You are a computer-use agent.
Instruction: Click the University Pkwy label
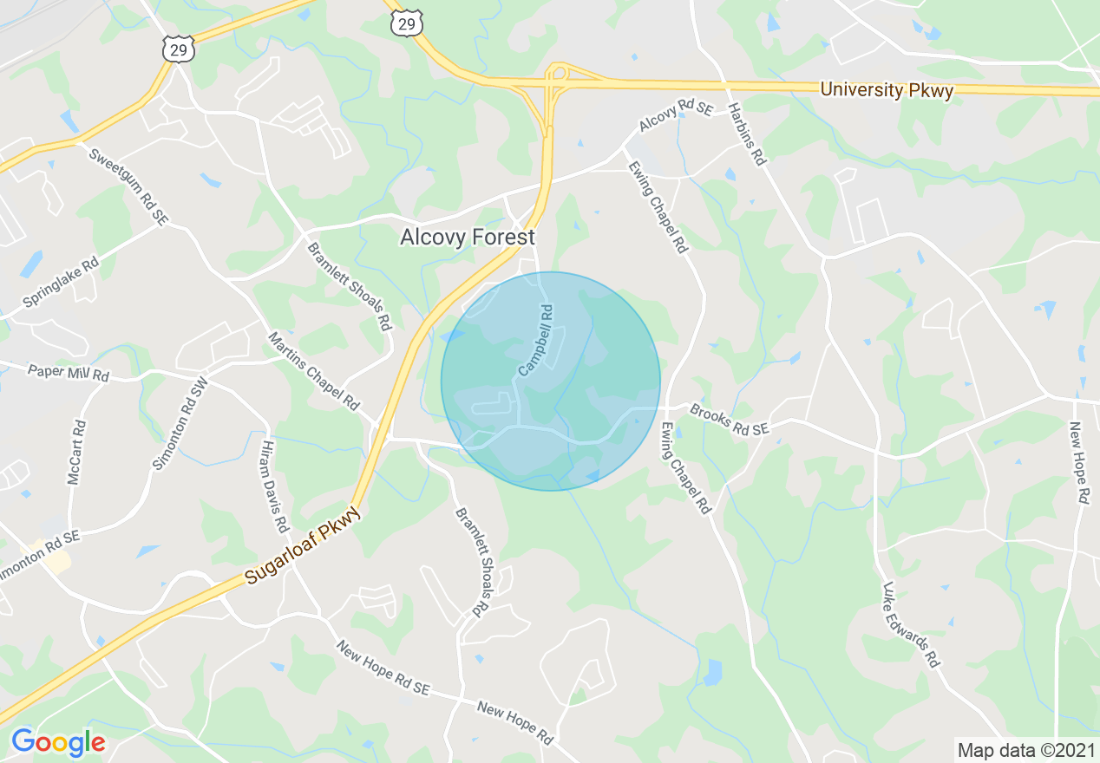pos(887,90)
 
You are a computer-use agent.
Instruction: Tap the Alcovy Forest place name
pos(468,237)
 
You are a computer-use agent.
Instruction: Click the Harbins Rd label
pos(747,134)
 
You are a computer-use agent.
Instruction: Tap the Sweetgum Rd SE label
pos(128,186)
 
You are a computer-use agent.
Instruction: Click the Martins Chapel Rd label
pos(313,370)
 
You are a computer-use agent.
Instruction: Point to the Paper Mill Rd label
pos(68,374)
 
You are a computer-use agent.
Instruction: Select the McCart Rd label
pos(77,452)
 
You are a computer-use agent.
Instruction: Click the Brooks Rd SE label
pos(730,419)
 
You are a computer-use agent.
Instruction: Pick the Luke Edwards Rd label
pos(911,624)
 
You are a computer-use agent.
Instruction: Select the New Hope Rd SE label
pos(383,668)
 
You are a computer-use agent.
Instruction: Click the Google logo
pos(57,742)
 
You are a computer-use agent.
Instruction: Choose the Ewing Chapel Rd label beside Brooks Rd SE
pos(685,468)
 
